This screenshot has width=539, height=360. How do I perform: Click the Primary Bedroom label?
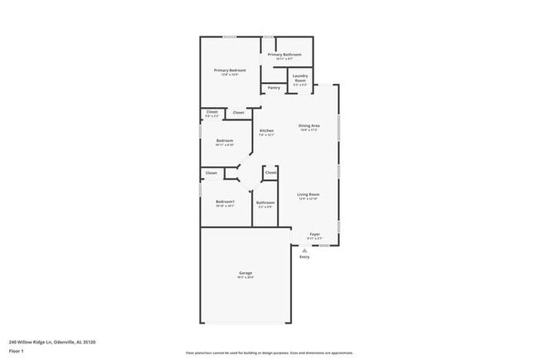[x=230, y=71]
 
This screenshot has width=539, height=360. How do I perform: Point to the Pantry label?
[x=274, y=87]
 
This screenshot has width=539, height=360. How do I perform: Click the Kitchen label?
[x=266, y=131]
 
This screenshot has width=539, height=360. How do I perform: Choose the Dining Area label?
[x=309, y=126]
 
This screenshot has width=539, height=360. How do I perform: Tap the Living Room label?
[x=308, y=195]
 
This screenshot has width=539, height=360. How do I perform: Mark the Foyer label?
[x=315, y=235]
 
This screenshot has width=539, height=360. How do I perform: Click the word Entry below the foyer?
[x=304, y=257]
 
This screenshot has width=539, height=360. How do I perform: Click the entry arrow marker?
[x=304, y=248]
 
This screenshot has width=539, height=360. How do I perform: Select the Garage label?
[x=246, y=273]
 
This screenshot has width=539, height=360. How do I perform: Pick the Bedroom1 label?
[x=226, y=202]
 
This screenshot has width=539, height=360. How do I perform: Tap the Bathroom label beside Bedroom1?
[x=265, y=202]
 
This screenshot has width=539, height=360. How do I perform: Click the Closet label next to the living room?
[x=271, y=173]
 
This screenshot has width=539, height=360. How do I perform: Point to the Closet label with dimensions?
[x=212, y=113]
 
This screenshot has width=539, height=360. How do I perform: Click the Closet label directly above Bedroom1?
[x=211, y=173]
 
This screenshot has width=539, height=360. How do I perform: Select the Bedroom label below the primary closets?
[x=225, y=141]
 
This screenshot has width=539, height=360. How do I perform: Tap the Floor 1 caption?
[x=17, y=350]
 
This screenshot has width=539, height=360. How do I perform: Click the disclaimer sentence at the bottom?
[x=269, y=352]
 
